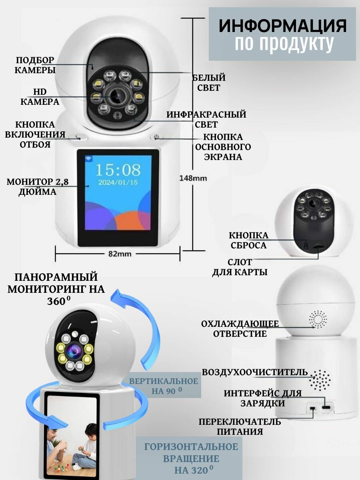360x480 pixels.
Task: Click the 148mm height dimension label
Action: pyautogui.click(x=193, y=178)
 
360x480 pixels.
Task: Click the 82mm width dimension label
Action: pyautogui.click(x=120, y=254)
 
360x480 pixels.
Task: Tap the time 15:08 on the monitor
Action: pyautogui.click(x=118, y=170)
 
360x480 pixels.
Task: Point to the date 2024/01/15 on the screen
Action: pyautogui.click(x=118, y=182)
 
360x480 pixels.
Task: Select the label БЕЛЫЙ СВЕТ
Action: pyautogui.click(x=209, y=82)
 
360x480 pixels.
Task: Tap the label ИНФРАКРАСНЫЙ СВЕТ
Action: pyautogui.click(x=206, y=119)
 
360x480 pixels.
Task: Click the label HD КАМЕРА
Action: pyautogui.click(x=40, y=97)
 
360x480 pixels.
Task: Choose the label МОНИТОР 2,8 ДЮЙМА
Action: pyautogui.click(x=38, y=187)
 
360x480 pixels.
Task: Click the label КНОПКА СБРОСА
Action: pyautogui.click(x=248, y=240)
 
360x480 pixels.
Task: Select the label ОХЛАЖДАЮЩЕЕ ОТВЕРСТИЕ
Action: pyautogui.click(x=240, y=328)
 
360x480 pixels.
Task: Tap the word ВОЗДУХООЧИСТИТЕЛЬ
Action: pyautogui.click(x=255, y=372)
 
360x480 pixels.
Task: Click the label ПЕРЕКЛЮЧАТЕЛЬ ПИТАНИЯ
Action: pyautogui.click(x=240, y=426)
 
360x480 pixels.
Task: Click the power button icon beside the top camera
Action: pyautogui.click(x=157, y=138)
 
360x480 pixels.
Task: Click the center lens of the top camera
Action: pyautogui.click(x=116, y=96)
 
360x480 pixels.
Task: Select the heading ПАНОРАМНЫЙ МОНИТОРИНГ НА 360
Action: pyautogui.click(x=56, y=288)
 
